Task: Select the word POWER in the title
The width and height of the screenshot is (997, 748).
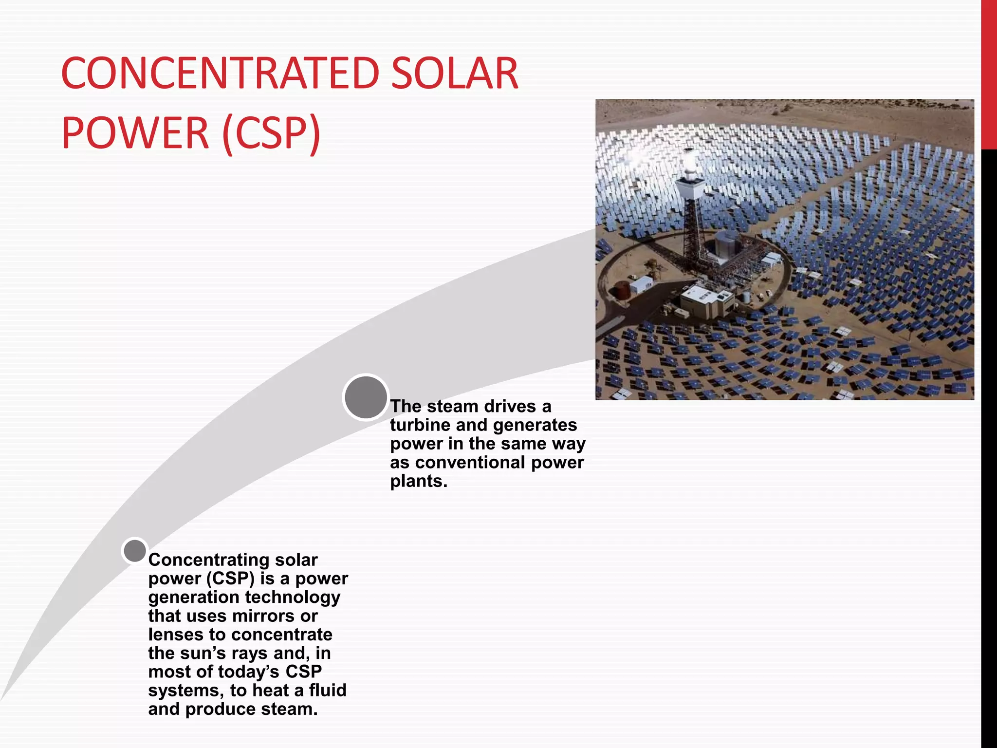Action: click(x=135, y=132)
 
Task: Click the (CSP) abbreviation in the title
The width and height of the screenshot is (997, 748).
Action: click(x=272, y=132)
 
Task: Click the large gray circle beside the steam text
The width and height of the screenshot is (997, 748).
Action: click(x=366, y=397)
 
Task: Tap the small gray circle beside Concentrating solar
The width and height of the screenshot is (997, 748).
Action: click(x=135, y=551)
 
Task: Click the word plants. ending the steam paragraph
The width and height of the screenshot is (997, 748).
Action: click(x=418, y=481)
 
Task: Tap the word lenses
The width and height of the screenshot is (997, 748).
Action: click(x=176, y=635)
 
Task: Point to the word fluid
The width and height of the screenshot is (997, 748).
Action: click(x=328, y=690)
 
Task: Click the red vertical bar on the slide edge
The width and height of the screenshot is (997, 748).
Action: click(x=989, y=73)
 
